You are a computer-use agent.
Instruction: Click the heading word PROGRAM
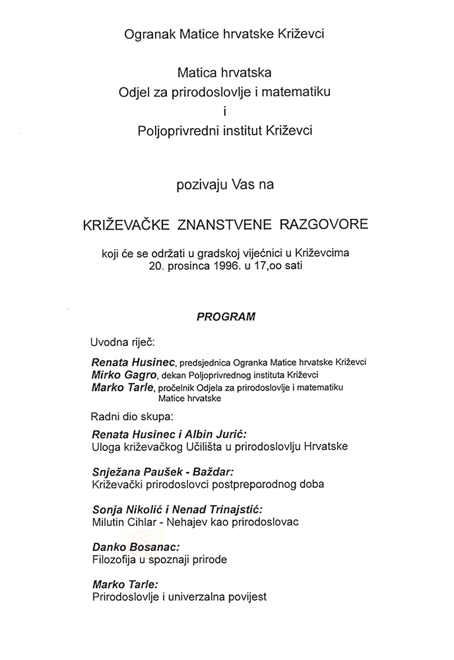click(226, 317)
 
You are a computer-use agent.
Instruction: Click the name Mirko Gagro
click(122, 374)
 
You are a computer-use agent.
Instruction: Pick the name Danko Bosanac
click(137, 547)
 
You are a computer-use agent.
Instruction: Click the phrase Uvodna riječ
click(120, 343)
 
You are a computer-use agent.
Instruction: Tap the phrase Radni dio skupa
click(129, 416)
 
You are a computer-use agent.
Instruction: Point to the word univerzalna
click(195, 597)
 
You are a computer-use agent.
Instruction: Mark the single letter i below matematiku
click(226, 111)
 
